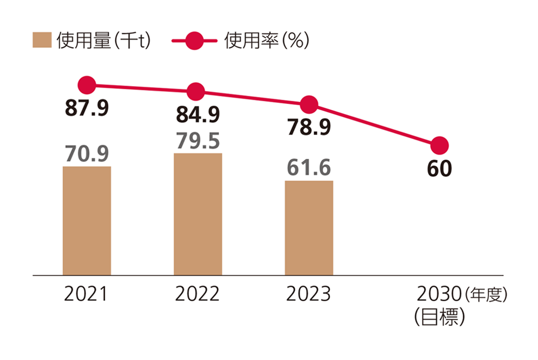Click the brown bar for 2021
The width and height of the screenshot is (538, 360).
[x=87, y=221]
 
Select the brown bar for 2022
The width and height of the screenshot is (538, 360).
[x=197, y=214]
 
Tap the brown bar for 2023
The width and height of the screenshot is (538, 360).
[x=309, y=228]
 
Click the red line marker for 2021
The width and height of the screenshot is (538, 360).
[x=87, y=85]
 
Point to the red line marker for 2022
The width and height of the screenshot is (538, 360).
[x=196, y=91]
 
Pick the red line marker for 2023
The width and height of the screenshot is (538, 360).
[x=308, y=104]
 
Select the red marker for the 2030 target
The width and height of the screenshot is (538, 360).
[x=439, y=145]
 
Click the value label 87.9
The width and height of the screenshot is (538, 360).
[x=87, y=108]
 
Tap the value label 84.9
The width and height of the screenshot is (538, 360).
[x=197, y=115]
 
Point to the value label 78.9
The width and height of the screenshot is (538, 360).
[x=309, y=128]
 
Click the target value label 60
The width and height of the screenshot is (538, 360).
[x=439, y=168]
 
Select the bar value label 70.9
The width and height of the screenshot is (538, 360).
[x=87, y=154]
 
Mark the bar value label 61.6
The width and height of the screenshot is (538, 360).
[x=309, y=168]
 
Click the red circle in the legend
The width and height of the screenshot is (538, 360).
[x=195, y=41]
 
